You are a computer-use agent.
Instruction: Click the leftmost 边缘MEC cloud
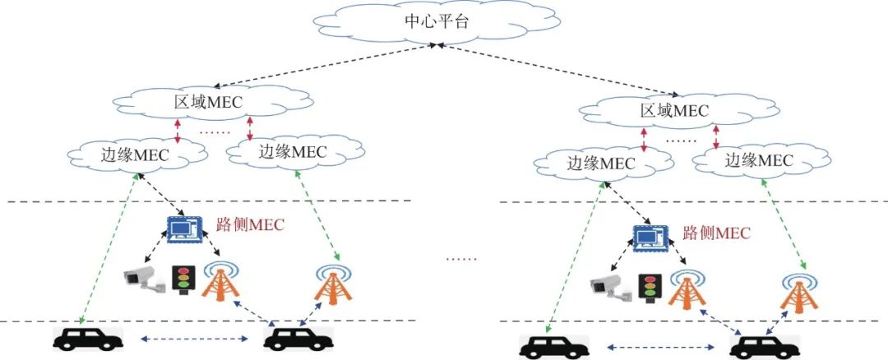tap(135, 152)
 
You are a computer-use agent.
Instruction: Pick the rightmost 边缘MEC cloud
tap(758, 161)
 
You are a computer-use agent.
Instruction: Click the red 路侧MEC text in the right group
tap(716, 233)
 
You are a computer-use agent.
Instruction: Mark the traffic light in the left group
tap(182, 280)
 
